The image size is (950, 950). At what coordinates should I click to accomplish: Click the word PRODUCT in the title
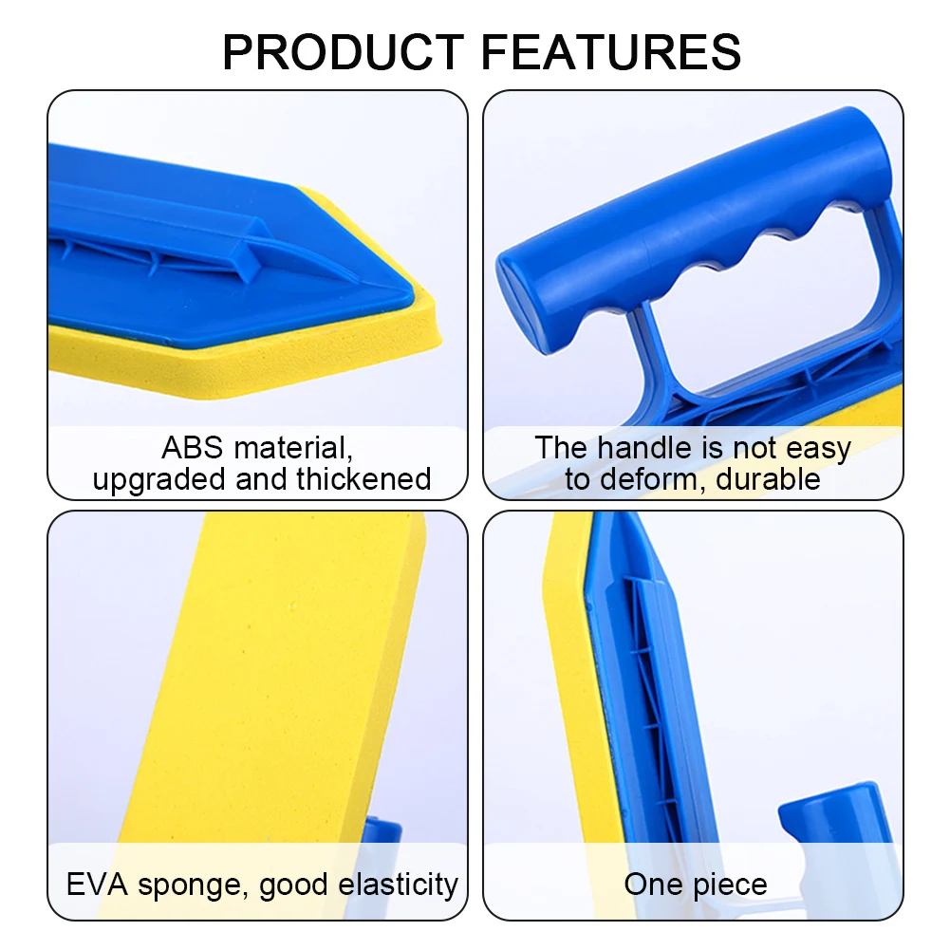click(x=344, y=52)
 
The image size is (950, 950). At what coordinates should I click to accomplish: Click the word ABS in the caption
click(x=194, y=447)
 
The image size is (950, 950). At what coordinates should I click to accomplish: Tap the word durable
click(x=768, y=478)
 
